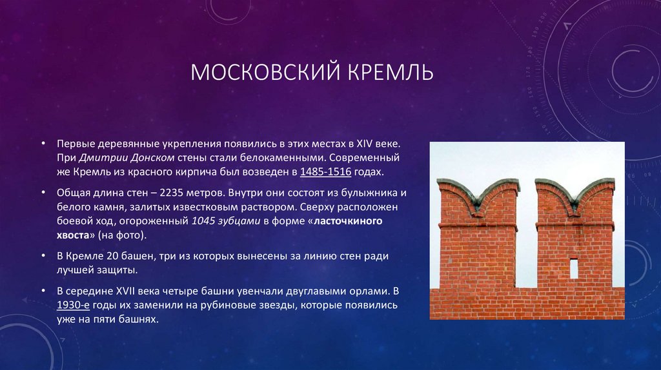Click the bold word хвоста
74,235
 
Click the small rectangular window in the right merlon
573,268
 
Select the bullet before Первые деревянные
43,142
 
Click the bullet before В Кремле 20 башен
43,256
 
